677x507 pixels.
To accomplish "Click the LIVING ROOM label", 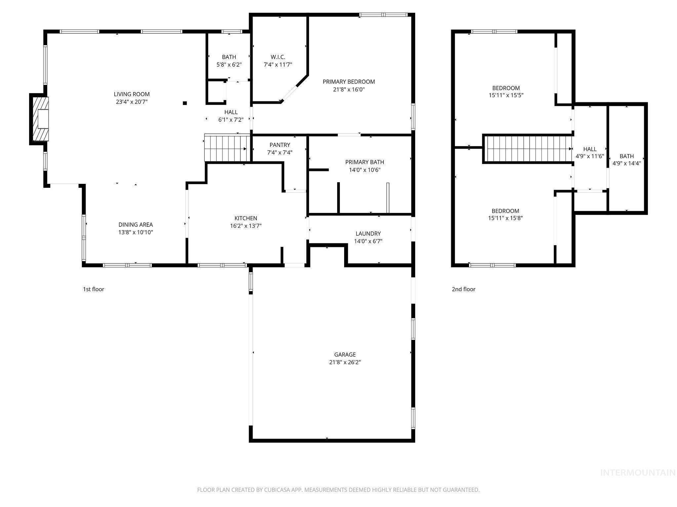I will click(x=132, y=94).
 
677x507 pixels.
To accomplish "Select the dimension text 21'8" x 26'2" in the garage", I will click(x=345, y=362).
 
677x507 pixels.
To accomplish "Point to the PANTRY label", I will click(x=279, y=145).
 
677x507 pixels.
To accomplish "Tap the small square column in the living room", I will click(x=185, y=103).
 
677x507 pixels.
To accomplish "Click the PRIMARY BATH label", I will click(x=364, y=162).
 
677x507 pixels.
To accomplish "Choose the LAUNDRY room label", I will click(x=368, y=234).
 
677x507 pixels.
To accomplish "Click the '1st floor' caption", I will click(x=94, y=289).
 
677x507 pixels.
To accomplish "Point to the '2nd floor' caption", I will click(x=463, y=289).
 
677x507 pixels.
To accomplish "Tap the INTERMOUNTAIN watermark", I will click(x=637, y=473).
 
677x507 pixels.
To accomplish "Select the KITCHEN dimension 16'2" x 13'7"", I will click(x=246, y=226).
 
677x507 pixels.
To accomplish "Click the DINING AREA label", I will click(x=136, y=225).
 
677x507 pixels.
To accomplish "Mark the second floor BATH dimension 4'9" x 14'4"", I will click(x=626, y=163).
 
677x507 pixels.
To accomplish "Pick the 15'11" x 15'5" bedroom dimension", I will click(x=506, y=95).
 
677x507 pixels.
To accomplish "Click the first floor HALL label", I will click(x=231, y=112).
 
